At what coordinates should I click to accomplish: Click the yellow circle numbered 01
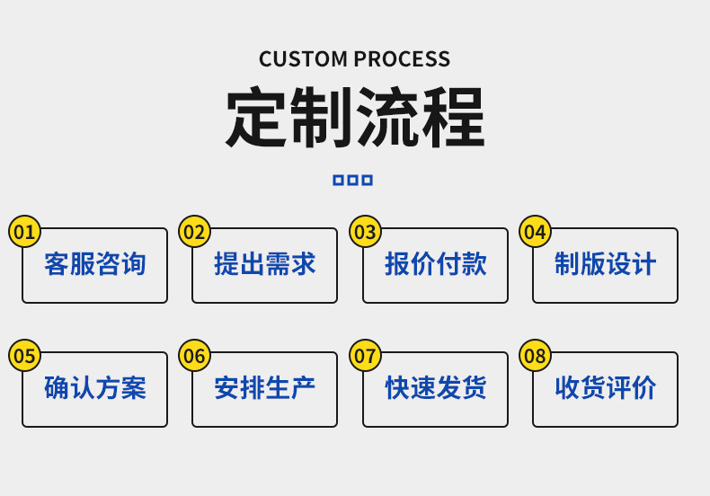pos(24,232)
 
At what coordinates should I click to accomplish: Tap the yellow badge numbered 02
pos(195,232)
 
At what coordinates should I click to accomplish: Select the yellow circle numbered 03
pos(366,232)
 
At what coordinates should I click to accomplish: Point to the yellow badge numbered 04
pos(536,232)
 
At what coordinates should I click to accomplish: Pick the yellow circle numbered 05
pos(24,356)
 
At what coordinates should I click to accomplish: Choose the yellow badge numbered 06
pos(195,356)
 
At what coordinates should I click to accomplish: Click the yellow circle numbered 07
pos(366,356)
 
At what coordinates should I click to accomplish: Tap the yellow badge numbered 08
pos(536,356)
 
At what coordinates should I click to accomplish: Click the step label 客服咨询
pos(95,264)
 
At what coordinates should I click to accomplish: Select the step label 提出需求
pos(265,264)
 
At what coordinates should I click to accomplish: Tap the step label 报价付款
pos(436,264)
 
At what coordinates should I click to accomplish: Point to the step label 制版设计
pos(606,264)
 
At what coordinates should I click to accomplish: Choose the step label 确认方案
pos(95,388)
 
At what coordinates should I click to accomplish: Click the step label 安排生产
pos(265,388)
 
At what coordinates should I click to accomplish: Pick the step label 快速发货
pos(436,388)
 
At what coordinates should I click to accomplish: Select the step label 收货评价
pos(606,388)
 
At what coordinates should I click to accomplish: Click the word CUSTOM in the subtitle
pos(303,59)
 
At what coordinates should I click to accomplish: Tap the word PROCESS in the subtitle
pos(402,59)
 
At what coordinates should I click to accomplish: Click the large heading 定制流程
pos(355,117)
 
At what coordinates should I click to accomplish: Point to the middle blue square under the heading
pos(352,180)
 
